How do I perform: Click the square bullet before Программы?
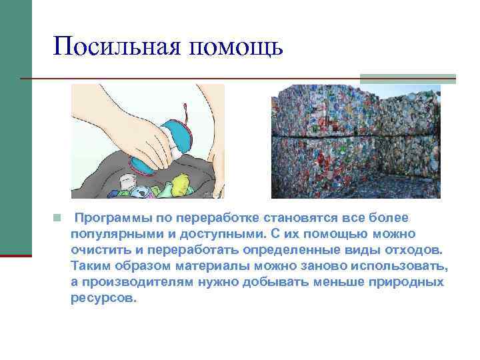[58, 218]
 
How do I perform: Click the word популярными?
[111, 234]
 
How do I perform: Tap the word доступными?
[217, 234]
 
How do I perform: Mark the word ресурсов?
[103, 298]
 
